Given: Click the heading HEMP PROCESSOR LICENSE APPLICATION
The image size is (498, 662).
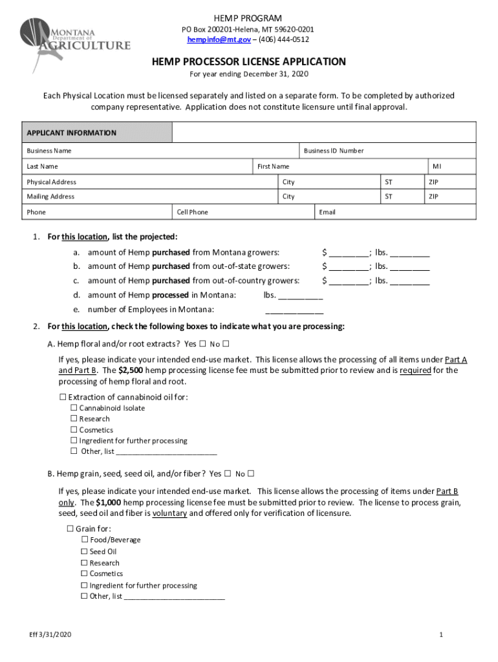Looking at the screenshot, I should (x=249, y=62).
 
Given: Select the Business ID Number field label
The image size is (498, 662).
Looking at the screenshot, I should (x=334, y=151).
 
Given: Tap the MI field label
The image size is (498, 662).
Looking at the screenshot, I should (x=437, y=166).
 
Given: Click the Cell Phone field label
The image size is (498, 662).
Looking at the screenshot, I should (x=193, y=212).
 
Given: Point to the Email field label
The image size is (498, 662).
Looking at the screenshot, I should (x=327, y=212).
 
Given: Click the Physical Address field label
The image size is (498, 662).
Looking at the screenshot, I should (x=51, y=182).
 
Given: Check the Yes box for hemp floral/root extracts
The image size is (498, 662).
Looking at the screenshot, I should (x=202, y=343).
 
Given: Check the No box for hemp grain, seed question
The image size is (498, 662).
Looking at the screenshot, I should (x=251, y=473).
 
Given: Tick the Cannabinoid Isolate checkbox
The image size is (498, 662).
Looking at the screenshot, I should (x=74, y=408).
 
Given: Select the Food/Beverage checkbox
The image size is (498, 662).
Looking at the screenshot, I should (x=84, y=540).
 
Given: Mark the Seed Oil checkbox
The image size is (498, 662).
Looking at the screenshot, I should (x=84, y=551).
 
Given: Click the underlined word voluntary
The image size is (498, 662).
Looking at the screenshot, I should (x=169, y=513).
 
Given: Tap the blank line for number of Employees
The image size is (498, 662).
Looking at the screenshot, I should (x=299, y=310).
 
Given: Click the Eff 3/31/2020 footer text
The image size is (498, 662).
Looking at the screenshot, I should (x=45, y=635).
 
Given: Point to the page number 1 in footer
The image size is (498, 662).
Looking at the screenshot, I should (x=440, y=635).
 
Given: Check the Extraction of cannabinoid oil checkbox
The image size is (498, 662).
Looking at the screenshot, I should (x=63, y=397).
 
